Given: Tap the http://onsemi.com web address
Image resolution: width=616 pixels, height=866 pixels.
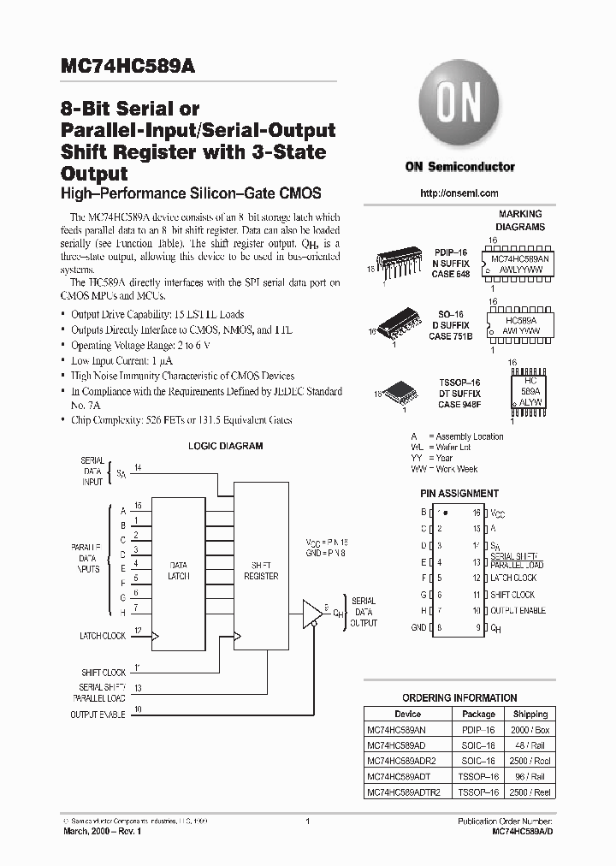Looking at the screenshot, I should [x=459, y=193].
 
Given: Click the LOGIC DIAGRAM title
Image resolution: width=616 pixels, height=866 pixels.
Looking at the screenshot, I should [x=225, y=446].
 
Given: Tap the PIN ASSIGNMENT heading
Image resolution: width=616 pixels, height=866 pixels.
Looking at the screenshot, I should [x=459, y=494].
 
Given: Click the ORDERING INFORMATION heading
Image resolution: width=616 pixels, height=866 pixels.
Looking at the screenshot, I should [x=459, y=697].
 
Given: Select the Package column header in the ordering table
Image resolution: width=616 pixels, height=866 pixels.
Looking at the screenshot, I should [x=478, y=714].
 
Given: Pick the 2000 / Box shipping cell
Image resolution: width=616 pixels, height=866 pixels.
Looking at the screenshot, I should [x=530, y=730].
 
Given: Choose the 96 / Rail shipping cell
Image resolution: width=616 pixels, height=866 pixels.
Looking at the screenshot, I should [x=530, y=777].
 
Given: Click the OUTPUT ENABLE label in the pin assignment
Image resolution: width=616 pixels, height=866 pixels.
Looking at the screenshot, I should [x=518, y=611].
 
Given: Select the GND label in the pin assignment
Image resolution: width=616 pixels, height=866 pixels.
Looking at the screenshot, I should [x=418, y=627].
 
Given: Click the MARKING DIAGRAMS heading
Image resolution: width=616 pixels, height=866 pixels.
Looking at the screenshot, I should [x=520, y=221].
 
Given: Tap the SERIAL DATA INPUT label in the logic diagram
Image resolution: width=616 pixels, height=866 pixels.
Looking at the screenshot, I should [x=92, y=471].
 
